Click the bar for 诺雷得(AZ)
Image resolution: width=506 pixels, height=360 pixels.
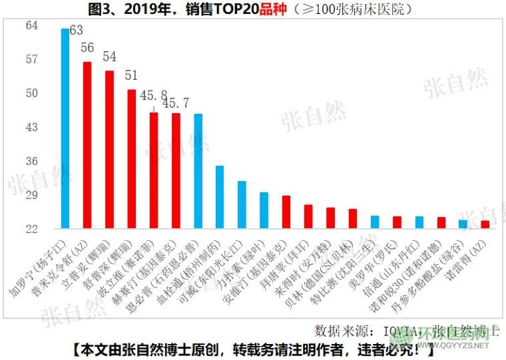click(x=485, y=225)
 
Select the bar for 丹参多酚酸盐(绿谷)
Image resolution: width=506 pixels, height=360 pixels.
click(x=463, y=224)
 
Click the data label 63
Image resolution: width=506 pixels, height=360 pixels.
click(x=76, y=31)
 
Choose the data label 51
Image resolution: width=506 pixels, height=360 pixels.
click(x=132, y=75)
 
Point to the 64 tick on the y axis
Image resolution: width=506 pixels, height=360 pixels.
click(x=32, y=25)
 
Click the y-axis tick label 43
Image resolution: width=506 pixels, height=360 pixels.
click(x=32, y=127)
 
